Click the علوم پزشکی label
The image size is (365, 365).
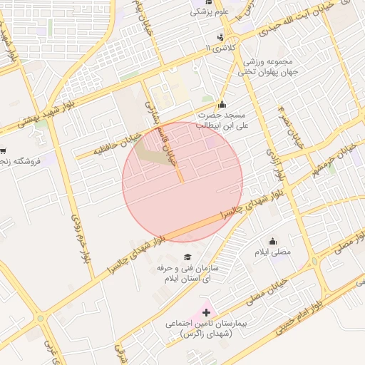(x=206, y=12)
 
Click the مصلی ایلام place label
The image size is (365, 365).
(x=272, y=252)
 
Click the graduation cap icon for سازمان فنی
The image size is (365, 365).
(x=187, y=257)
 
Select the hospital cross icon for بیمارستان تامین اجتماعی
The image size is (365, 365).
(x=207, y=312)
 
